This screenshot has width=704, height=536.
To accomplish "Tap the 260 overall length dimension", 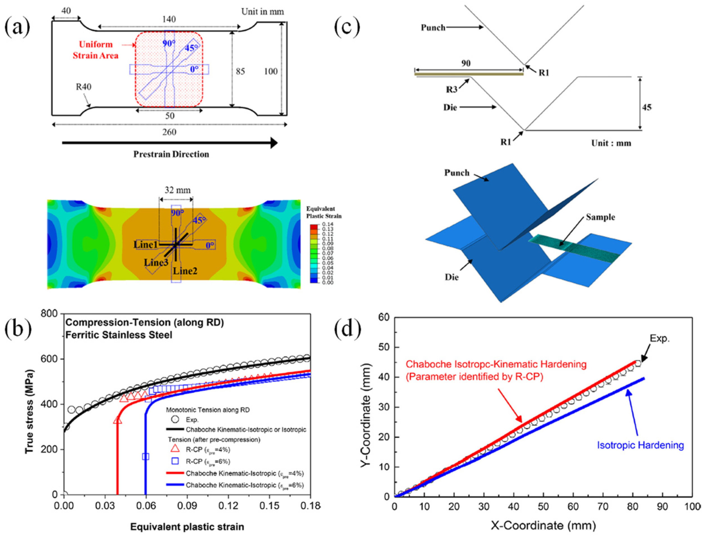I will pos(169,132).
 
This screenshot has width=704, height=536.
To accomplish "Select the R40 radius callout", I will pos(84,87).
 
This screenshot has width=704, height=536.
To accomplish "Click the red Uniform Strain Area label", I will pos(96,50).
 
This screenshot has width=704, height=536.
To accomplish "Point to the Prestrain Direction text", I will pos(171,154).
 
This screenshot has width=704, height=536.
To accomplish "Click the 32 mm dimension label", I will pos(177,190).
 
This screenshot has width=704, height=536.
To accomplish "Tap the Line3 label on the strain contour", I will pos(156,263).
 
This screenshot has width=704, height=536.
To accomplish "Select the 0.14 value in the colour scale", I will pos(328,224).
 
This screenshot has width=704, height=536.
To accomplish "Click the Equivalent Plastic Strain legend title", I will pos(323,213).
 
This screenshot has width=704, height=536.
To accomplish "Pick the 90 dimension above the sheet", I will pos(466,63).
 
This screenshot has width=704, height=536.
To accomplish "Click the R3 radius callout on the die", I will pos(451,90).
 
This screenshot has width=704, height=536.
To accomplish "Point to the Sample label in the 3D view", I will pos(600,217).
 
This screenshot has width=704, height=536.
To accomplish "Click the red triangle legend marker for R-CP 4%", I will pos(175,449).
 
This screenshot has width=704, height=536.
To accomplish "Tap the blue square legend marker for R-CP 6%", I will pos(175,461).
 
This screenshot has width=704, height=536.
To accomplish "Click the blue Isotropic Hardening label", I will pos(640,445).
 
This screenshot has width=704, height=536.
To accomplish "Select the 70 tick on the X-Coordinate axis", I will pos(603,507).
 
